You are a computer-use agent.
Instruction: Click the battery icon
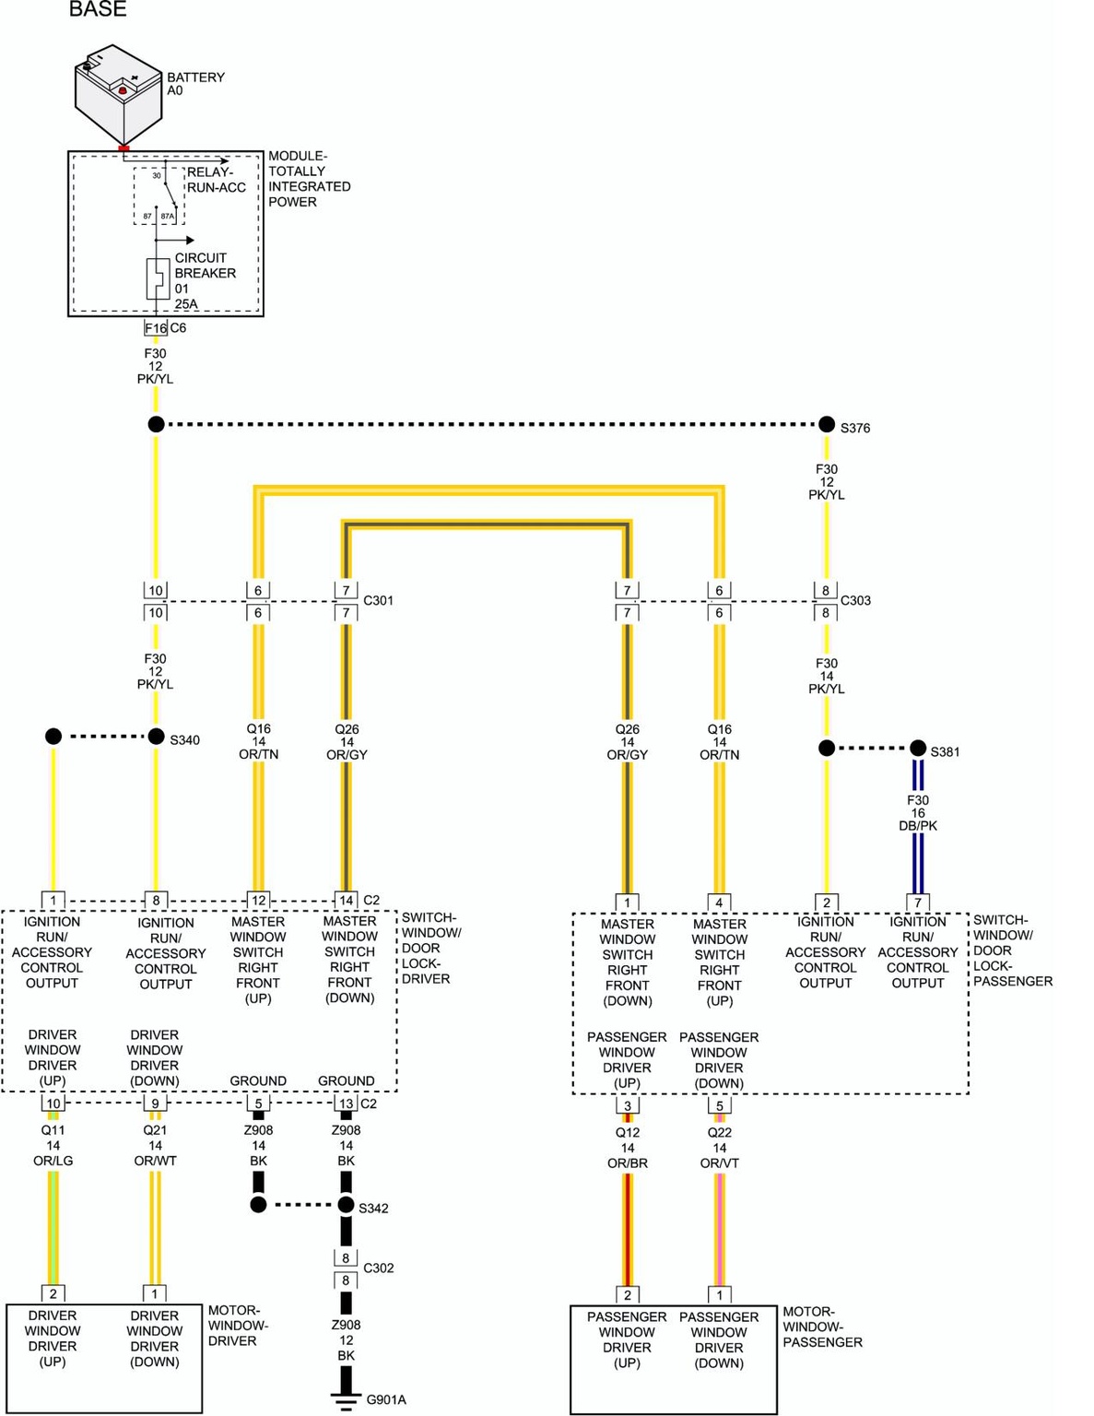pyautogui.click(x=118, y=93)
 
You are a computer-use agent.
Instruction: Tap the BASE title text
pyautogui.click(x=98, y=9)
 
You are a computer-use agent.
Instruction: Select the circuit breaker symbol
pyautogui.click(x=158, y=278)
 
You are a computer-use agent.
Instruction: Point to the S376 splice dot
pyautogui.click(x=827, y=424)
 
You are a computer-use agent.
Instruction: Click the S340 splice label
pyautogui.click(x=184, y=740)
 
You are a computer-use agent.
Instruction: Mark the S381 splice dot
pyautogui.click(x=918, y=748)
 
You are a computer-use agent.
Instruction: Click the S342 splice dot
pyautogui.click(x=346, y=1205)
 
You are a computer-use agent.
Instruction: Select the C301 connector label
pyautogui.click(x=378, y=601)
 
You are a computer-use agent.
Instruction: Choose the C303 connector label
pyautogui.click(x=855, y=601)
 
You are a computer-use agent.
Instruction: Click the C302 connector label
pyautogui.click(x=378, y=1268)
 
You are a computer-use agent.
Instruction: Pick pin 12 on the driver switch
pyautogui.click(x=258, y=900)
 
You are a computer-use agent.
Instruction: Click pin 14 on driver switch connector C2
pyautogui.click(x=346, y=900)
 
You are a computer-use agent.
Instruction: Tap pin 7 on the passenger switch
pyautogui.click(x=918, y=903)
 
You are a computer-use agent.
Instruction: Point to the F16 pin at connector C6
pyautogui.click(x=155, y=328)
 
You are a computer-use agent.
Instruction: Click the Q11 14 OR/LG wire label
pyautogui.click(x=53, y=1145)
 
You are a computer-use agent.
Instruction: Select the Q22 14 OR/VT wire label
pyautogui.click(x=719, y=1148)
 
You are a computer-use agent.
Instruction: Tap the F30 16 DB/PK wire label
pyautogui.click(x=918, y=813)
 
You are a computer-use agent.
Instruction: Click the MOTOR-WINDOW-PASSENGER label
pyautogui.click(x=822, y=1327)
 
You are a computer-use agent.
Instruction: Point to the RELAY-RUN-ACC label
pyautogui.click(x=217, y=180)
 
